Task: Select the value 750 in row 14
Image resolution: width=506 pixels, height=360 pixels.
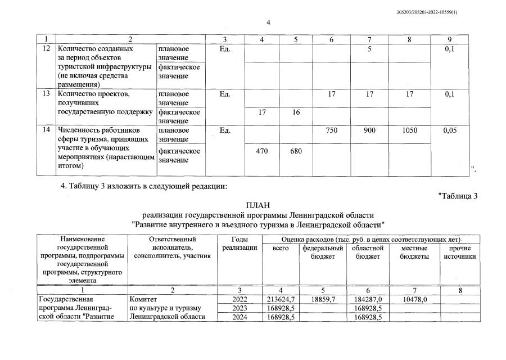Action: [x=332, y=130]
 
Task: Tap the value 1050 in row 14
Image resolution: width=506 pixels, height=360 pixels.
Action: [x=410, y=130]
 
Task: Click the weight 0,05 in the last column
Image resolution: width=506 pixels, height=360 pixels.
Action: [x=450, y=130]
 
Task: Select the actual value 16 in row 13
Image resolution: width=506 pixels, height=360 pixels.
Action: [x=296, y=112]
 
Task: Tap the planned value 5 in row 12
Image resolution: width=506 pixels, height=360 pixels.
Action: [x=369, y=49]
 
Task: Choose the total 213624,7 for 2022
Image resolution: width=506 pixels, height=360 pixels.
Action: [x=281, y=299]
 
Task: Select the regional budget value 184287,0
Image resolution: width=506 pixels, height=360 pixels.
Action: [x=369, y=299]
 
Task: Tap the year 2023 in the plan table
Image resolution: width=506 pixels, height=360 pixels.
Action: [x=240, y=308]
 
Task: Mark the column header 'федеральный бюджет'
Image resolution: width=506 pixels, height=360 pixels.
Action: [x=323, y=252]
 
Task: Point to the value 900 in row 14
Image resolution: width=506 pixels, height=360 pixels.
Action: [x=369, y=130]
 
